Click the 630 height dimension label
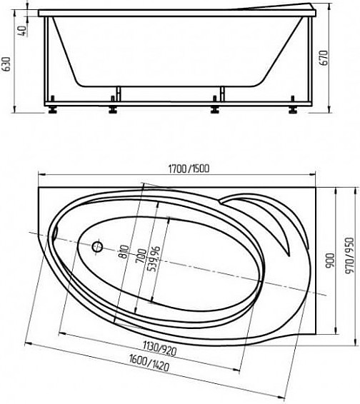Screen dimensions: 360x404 [6, 64]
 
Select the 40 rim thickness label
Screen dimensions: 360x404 [23, 31]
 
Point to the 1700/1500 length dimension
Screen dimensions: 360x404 [189, 168]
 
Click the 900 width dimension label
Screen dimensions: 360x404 [330, 261]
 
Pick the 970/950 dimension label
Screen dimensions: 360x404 [350, 256]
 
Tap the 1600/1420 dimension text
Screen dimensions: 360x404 [149, 363]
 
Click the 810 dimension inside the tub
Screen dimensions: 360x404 [125, 252]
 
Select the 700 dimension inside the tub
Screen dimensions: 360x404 [141, 256]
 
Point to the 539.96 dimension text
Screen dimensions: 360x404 [154, 259]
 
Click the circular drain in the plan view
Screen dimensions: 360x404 [97, 246]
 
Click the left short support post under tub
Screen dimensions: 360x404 [119, 94]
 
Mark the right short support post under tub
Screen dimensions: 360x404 [222, 94]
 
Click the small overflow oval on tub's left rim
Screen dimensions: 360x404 [55, 233]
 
